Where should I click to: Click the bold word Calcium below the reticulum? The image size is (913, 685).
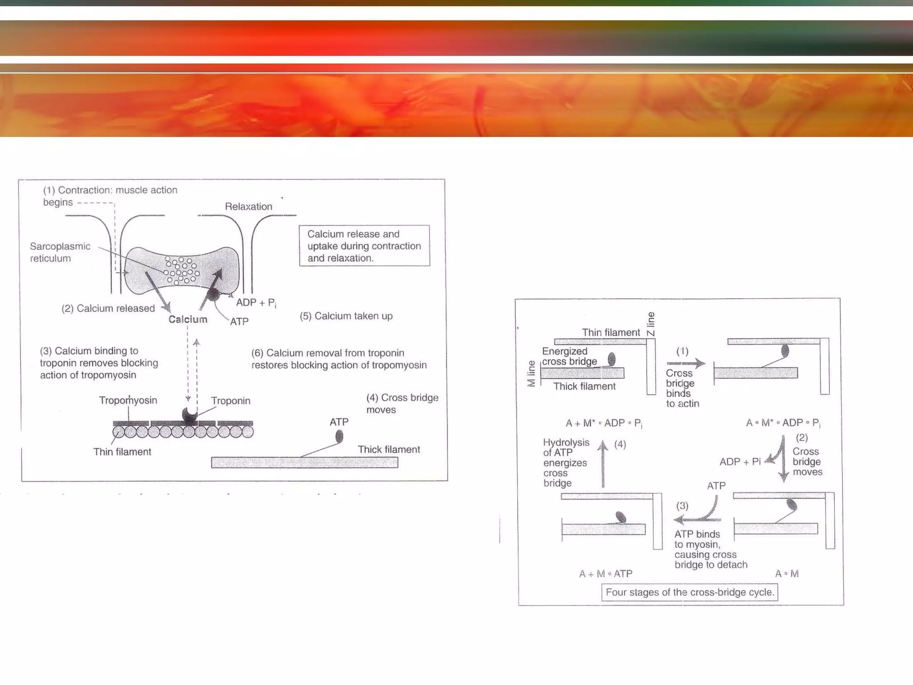point(188,319)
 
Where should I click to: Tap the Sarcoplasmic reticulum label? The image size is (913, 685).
point(60,252)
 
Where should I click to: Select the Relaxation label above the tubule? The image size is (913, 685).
point(248,206)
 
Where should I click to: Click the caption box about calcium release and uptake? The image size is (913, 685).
point(364,246)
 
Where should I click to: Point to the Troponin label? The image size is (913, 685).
point(230,400)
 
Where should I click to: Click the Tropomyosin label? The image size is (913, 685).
point(128,400)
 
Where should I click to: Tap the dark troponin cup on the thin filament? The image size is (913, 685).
point(190,415)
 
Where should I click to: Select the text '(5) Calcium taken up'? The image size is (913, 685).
point(346,316)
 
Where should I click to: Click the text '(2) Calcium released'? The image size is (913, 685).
point(108,308)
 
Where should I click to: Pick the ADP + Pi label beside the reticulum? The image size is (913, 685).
point(256,303)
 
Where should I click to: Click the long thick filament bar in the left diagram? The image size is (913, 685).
point(304,462)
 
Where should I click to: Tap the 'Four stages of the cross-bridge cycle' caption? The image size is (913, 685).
point(690,592)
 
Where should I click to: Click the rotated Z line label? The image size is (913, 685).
point(651,324)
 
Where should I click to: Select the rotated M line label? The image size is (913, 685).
point(531,374)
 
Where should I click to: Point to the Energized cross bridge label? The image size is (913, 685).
point(569,356)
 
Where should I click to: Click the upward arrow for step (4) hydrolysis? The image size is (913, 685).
point(603,464)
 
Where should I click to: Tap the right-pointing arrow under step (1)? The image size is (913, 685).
point(686,363)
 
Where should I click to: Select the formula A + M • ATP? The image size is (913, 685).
point(605,574)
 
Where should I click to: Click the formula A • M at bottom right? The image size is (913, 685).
point(786,574)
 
